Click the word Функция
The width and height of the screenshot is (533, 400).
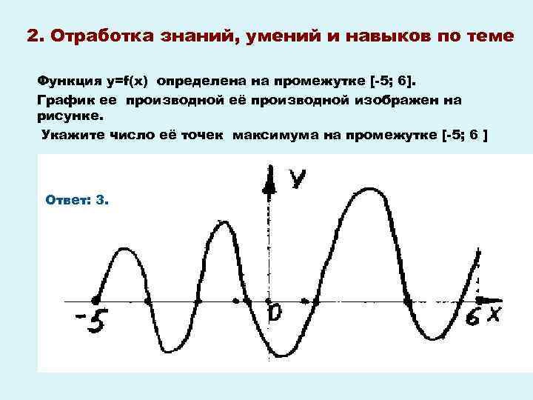[x=64, y=79]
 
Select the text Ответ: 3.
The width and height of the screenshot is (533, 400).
[x=77, y=200]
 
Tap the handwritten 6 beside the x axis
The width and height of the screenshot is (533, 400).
[x=474, y=317]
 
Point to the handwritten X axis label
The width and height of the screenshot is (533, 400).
[x=493, y=316]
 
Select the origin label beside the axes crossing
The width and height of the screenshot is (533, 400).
[x=275, y=314]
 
